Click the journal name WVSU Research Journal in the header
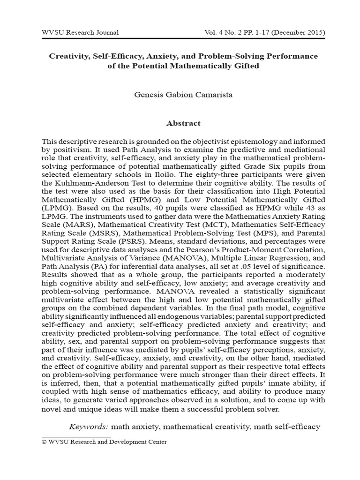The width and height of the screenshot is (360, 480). tap(80, 32)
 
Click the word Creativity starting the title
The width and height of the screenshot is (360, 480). tap(68, 56)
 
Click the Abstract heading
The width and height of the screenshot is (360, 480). tap(183, 123)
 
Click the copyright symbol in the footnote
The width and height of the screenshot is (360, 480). tap(44, 442)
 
